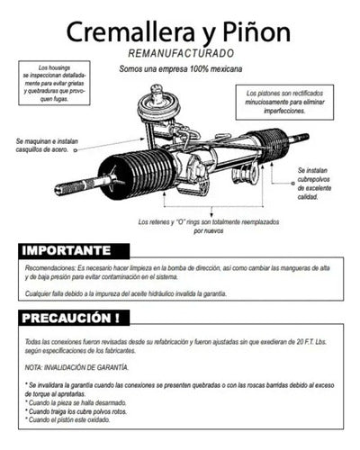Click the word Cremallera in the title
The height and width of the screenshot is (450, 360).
(x=128, y=32)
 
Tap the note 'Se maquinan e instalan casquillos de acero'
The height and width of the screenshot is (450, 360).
(x=55, y=147)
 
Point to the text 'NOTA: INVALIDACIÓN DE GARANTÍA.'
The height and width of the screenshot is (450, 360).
(x=77, y=367)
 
